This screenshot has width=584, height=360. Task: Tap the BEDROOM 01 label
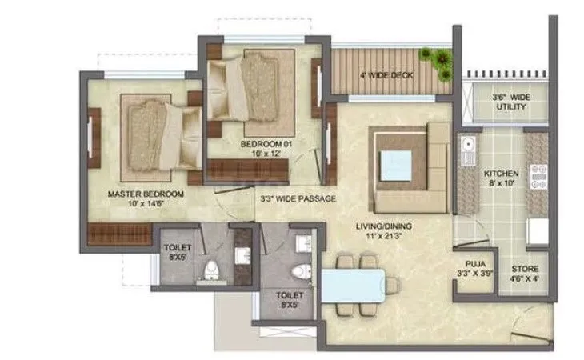coord(257,149)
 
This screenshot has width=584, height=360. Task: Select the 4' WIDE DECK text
coord(386,78)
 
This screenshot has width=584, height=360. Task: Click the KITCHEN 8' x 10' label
coord(502,178)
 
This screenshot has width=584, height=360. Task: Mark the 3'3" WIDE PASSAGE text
coord(298,198)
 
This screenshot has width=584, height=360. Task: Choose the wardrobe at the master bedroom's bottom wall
coord(120,235)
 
